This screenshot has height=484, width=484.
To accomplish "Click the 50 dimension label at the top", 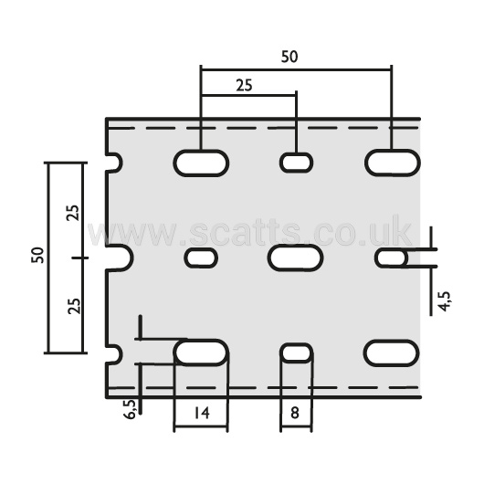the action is click(289, 57).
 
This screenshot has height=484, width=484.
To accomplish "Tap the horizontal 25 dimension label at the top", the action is click(244, 85).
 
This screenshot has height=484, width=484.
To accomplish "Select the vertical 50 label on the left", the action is click(37, 255).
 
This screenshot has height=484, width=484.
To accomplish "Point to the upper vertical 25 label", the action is click(73, 213).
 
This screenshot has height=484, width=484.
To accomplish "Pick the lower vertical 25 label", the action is click(74, 306).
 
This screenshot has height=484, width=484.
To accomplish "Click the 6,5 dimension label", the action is click(130, 409).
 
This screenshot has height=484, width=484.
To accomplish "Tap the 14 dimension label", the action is click(202, 413).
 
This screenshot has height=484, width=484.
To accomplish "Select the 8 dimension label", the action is click(295, 413).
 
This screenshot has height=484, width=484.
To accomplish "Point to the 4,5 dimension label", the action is click(445, 301).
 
